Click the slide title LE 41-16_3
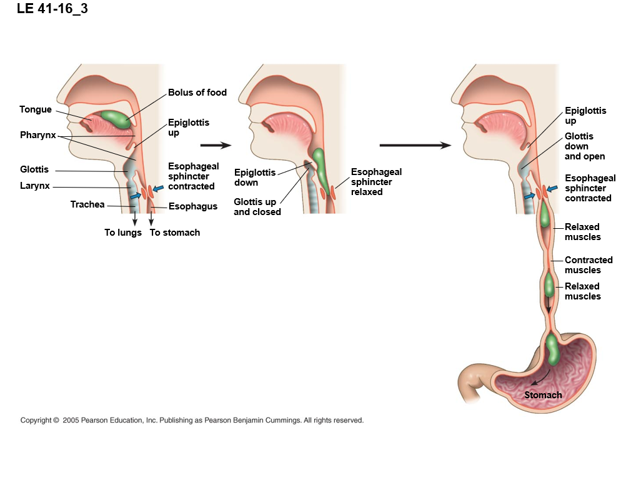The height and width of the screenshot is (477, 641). click(48, 9)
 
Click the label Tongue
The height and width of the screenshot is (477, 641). click(36, 109)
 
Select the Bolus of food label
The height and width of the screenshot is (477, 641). click(197, 93)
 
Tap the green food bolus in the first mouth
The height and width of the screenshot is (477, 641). click(114, 118)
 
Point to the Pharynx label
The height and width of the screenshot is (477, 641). click(38, 135)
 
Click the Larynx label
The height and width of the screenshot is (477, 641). click(35, 186)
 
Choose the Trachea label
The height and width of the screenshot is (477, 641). click(87, 204)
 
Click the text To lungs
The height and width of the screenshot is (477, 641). click(123, 233)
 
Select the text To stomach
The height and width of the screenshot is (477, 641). click(175, 233)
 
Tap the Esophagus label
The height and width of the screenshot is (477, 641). click(193, 206)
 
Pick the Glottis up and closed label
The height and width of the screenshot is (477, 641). click(257, 207)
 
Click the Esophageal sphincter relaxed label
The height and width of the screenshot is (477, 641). click(376, 181)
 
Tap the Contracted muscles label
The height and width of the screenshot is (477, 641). click(589, 265)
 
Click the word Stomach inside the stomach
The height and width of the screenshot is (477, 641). click(543, 395)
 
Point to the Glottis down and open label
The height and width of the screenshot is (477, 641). click(585, 146)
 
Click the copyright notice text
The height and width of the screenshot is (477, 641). click(192, 421)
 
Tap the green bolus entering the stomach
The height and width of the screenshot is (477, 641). click(553, 349)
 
